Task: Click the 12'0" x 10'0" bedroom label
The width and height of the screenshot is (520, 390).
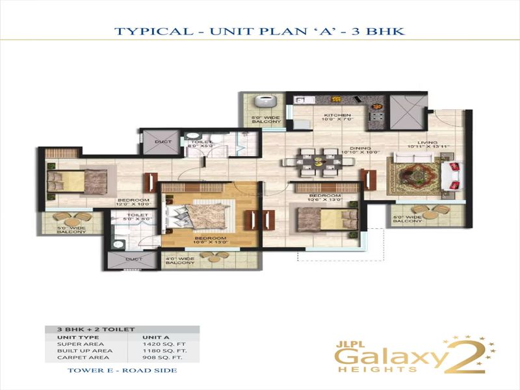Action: point(133,202)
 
